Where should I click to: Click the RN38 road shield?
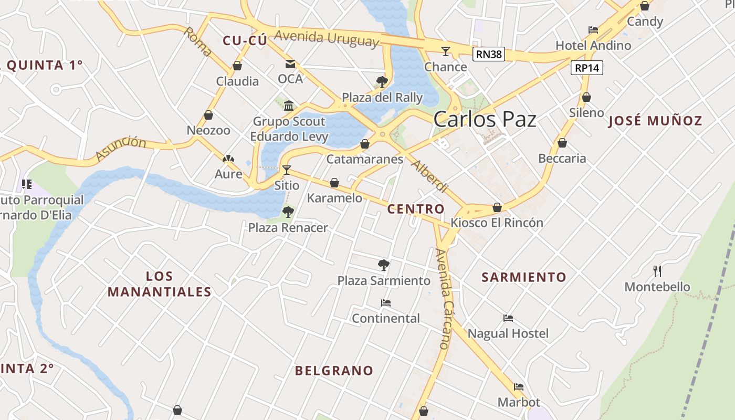(488, 54)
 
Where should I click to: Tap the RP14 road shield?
(587, 68)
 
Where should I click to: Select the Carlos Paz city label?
(485, 120)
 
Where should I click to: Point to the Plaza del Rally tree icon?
(382, 81)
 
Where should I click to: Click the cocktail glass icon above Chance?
(446, 51)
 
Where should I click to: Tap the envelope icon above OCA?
(290, 64)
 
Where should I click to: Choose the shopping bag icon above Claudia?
(237, 66)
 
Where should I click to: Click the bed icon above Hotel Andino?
(593, 30)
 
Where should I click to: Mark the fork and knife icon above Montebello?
(657, 271)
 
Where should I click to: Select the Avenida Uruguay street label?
(326, 38)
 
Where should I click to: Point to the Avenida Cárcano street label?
(444, 299)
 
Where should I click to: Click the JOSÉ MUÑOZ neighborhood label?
(655, 121)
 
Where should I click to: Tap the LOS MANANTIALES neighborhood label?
(160, 284)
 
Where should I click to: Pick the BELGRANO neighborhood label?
(334, 371)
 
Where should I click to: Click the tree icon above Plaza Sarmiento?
(384, 265)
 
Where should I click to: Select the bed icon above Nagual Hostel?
(508, 318)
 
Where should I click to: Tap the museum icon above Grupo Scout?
(288, 106)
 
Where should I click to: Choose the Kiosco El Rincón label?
(497, 223)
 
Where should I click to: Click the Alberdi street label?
(429, 176)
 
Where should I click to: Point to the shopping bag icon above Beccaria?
(562, 143)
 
